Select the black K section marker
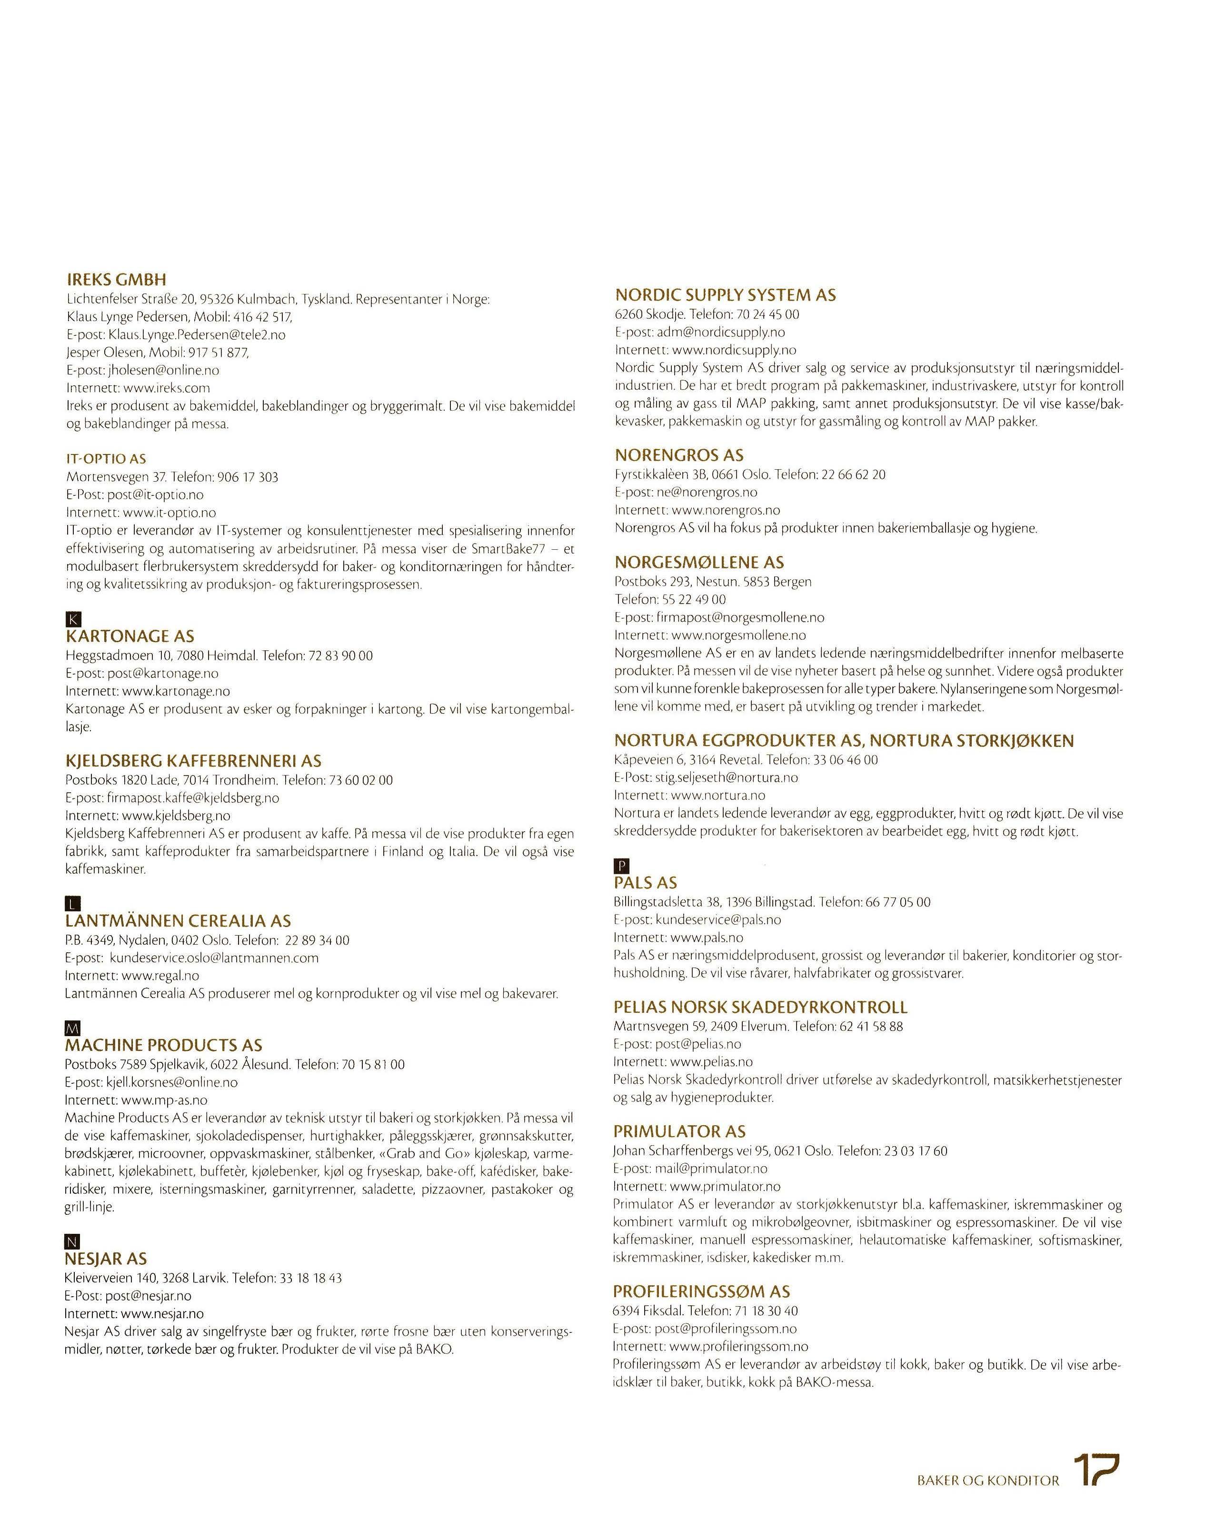coord(73,619)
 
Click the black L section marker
coord(73,904)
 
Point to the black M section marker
coord(73,1028)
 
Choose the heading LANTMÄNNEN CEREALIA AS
coord(178,921)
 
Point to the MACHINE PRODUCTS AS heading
coord(164,1046)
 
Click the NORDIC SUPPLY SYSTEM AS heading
coord(725,295)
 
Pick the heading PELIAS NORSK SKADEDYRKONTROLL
coord(760,1008)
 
